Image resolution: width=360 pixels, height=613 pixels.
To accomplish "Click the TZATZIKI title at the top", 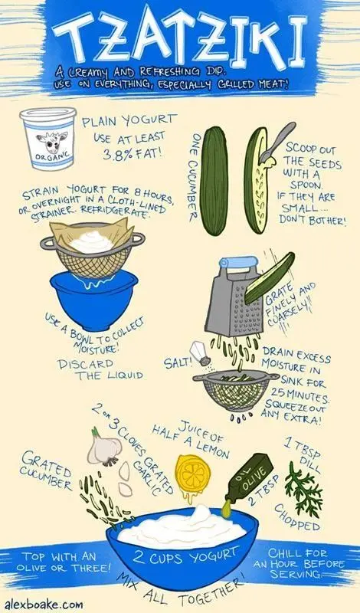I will pos(180,38).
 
